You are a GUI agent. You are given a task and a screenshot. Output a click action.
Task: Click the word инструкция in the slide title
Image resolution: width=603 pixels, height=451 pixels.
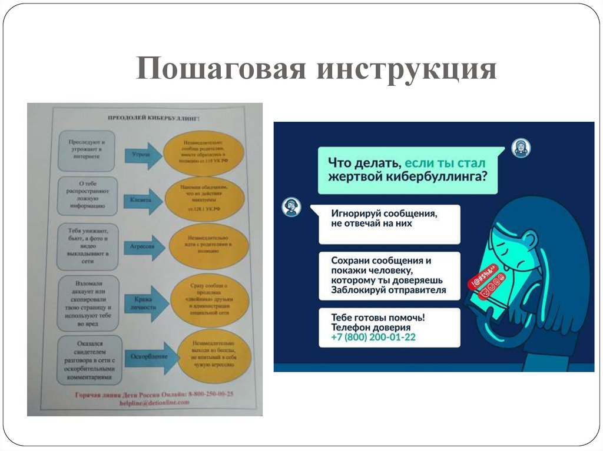pos(407,69)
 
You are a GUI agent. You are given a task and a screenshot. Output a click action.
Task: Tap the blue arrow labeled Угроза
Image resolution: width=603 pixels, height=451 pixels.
pos(142,155)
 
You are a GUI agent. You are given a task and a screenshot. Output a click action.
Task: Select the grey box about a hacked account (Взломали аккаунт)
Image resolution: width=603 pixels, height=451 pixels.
pos(88,303)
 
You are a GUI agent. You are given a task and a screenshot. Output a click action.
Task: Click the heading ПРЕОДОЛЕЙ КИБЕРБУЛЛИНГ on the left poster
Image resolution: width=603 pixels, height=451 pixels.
pos(153,118)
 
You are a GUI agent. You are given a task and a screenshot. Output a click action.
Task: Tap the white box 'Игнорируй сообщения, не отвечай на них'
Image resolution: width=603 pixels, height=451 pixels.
pos(389,224)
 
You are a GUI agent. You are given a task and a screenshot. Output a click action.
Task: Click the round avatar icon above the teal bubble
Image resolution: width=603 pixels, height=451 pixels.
pos(521,148)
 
